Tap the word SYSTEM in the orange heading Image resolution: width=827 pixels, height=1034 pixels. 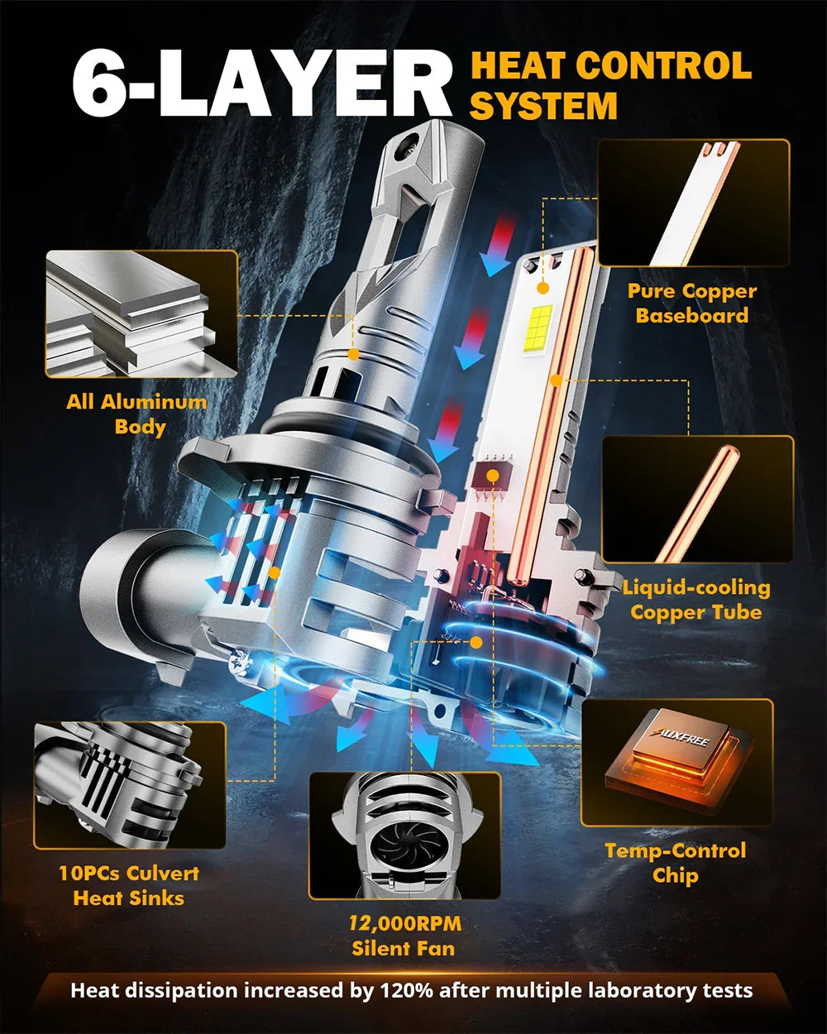tap(543, 106)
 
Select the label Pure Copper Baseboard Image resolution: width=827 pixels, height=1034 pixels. tap(692, 304)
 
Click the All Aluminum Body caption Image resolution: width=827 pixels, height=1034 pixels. tap(137, 414)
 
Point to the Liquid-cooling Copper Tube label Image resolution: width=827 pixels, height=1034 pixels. tap(696, 600)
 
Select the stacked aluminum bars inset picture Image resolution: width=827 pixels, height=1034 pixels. tap(141, 314)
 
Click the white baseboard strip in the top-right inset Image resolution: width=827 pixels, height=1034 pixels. tap(696, 203)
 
